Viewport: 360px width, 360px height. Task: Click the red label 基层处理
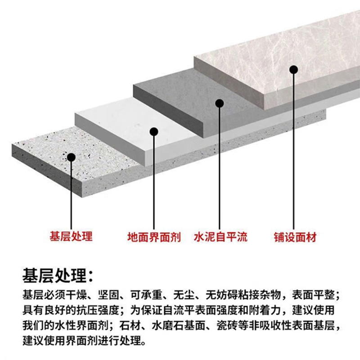point(71,236)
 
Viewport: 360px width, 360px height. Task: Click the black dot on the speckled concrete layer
point(71,157)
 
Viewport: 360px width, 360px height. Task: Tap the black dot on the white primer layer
point(154,131)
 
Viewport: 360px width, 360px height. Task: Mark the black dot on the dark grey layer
point(220,103)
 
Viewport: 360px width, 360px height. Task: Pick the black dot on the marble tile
point(294,70)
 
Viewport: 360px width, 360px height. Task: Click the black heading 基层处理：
point(59,274)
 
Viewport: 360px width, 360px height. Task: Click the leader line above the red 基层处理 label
point(71,193)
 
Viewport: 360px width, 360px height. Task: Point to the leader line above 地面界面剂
point(154,180)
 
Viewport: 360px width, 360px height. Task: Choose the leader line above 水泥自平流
point(220,166)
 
